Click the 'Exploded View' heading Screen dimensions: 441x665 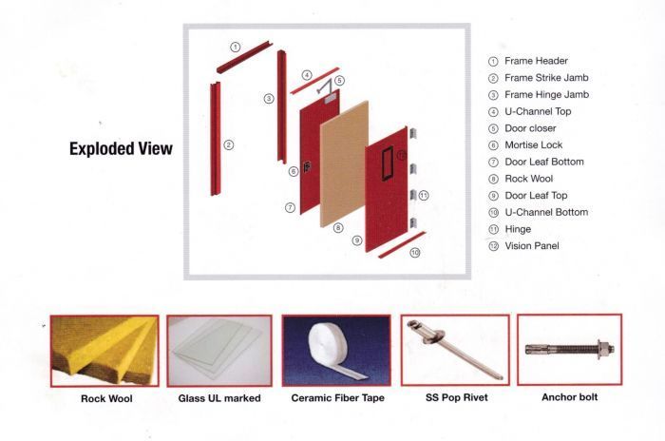(121, 148)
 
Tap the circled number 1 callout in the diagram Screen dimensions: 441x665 (236, 46)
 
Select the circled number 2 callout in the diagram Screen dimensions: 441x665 (228, 144)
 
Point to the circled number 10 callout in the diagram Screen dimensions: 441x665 (414, 253)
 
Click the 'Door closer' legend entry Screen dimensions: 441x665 (530, 128)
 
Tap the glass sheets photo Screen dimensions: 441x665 (218, 350)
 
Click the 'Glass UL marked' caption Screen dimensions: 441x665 (219, 398)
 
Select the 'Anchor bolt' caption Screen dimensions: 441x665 (569, 397)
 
